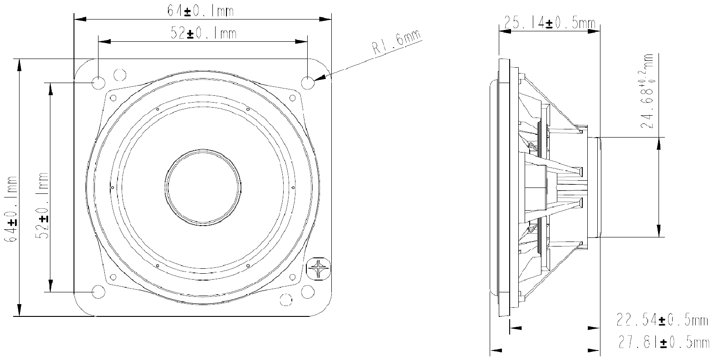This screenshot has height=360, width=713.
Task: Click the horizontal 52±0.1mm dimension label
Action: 203,33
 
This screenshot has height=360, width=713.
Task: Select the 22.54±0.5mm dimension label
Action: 662,321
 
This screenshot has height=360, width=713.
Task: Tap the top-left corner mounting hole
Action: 98,83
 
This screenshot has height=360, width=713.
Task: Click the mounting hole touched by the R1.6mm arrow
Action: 308,83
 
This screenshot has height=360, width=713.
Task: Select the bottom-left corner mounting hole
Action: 98,291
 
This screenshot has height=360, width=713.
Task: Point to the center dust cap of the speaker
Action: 203,187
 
